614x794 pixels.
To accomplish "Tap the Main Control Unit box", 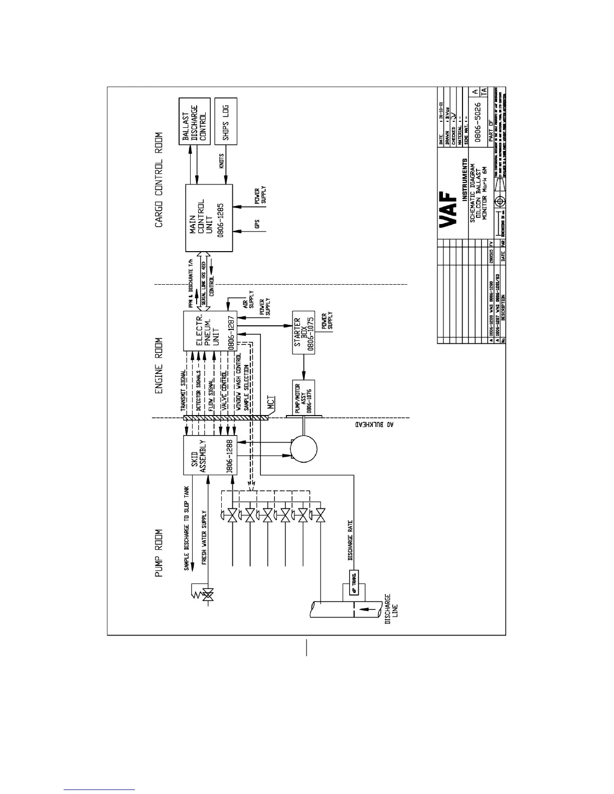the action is pyautogui.click(x=209, y=218).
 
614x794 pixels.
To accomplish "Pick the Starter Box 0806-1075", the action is pyautogui.click(x=304, y=333).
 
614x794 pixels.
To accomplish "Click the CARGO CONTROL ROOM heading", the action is pyautogui.click(x=159, y=179).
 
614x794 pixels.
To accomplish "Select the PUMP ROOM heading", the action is pyautogui.click(x=159, y=553).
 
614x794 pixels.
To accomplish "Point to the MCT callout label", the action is pyautogui.click(x=271, y=406).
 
